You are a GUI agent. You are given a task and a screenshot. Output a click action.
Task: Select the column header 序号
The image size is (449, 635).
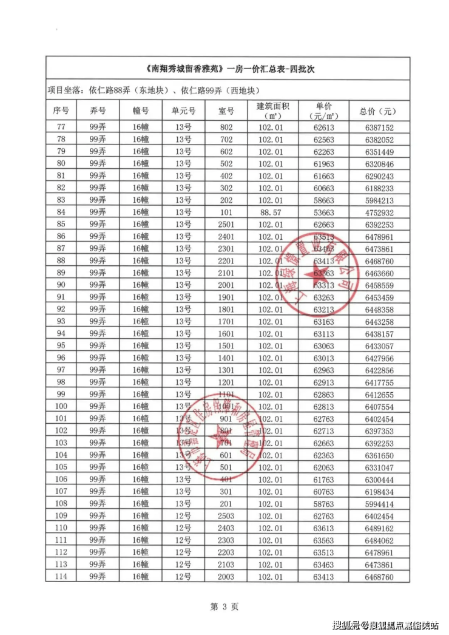pyautogui.click(x=61, y=111)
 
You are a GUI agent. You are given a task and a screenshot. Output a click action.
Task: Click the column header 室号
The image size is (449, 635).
pyautogui.click(x=226, y=111)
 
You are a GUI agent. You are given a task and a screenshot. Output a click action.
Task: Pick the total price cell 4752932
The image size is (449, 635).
pyautogui.click(x=380, y=212)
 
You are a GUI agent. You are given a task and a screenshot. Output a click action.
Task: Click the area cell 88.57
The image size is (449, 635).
pyautogui.click(x=271, y=212)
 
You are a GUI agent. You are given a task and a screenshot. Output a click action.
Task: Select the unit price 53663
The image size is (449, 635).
pyautogui.click(x=323, y=212)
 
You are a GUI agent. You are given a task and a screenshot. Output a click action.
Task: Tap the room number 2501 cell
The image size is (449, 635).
pyautogui.click(x=226, y=224)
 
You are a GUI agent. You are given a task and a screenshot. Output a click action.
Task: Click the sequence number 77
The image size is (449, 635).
pyautogui.click(x=61, y=127)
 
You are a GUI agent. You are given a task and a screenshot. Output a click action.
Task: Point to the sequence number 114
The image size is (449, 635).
pyautogui.click(x=61, y=576)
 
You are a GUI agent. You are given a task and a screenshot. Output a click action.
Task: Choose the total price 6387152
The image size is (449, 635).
pyautogui.click(x=380, y=127)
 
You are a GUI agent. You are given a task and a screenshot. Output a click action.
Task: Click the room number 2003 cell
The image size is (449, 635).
pyautogui.click(x=226, y=576)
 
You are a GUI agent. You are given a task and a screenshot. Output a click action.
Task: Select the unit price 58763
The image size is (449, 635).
pyautogui.click(x=323, y=503)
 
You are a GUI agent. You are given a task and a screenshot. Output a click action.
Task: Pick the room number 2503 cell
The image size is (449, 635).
pyautogui.click(x=226, y=515)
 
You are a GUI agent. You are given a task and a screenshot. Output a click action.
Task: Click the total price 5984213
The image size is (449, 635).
pyautogui.click(x=380, y=200)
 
